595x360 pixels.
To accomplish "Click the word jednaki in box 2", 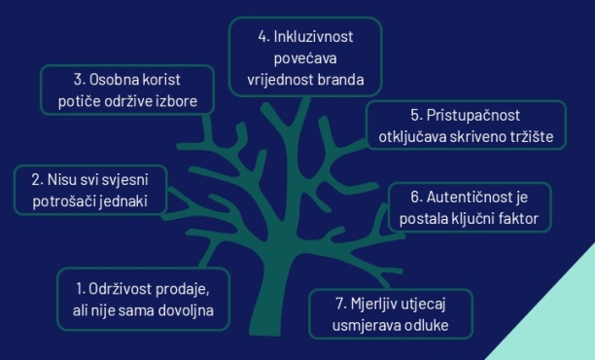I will click(132, 200).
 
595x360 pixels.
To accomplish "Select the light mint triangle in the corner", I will click(559, 326).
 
